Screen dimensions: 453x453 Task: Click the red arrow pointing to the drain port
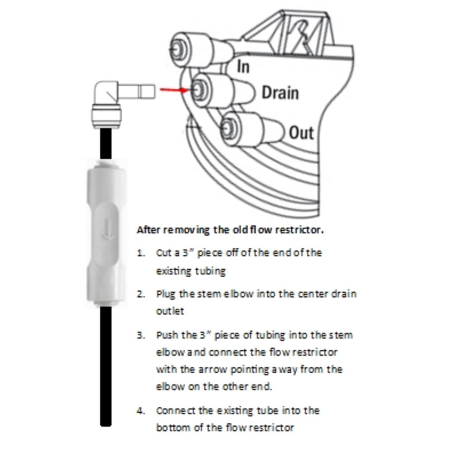click(173, 90)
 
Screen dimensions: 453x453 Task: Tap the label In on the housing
click(243, 67)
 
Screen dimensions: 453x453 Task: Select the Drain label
click(280, 93)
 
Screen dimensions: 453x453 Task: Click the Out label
click(301, 133)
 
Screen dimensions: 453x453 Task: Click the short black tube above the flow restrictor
click(106, 143)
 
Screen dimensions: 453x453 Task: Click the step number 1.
click(141, 253)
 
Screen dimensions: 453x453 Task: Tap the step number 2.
click(141, 294)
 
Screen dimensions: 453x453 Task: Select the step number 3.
click(141, 336)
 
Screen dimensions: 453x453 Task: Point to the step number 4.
click(141, 411)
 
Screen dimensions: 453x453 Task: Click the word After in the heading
click(148, 230)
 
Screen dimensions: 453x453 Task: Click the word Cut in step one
click(163, 253)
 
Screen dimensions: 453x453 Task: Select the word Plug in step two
click(166, 294)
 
